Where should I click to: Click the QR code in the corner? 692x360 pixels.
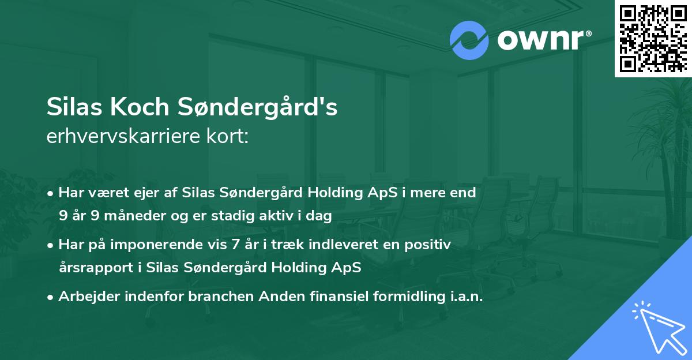pyautogui.click(x=653, y=39)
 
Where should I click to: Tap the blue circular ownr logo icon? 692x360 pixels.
pyautogui.click(x=469, y=40)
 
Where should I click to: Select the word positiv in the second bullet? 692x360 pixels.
pyautogui.click(x=430, y=245)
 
